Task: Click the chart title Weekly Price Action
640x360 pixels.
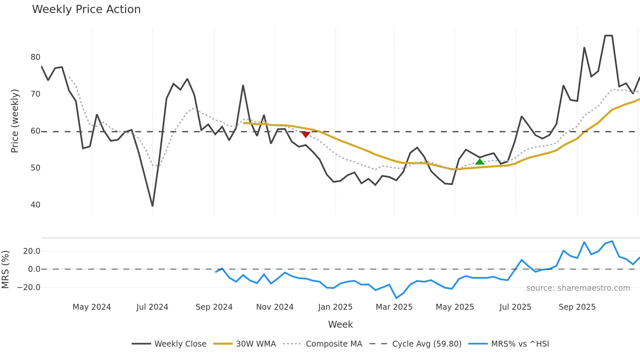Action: (x=86, y=9)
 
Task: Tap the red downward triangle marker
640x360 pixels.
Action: (x=306, y=134)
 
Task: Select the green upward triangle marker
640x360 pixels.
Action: (x=480, y=161)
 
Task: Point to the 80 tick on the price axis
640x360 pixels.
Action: (x=35, y=57)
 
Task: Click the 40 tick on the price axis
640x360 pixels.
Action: (x=35, y=205)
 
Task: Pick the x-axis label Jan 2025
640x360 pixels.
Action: (x=335, y=307)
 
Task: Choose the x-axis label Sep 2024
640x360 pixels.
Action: (x=214, y=307)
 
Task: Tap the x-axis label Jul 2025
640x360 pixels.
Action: (x=515, y=307)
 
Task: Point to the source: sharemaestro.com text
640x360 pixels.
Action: (x=578, y=288)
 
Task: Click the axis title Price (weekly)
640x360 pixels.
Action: (x=15, y=121)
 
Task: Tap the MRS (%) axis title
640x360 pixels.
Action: (x=6, y=270)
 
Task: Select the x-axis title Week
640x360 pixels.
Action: (x=340, y=324)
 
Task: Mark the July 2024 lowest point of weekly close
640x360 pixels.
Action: (x=152, y=206)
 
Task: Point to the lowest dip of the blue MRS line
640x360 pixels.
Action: (x=396, y=298)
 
